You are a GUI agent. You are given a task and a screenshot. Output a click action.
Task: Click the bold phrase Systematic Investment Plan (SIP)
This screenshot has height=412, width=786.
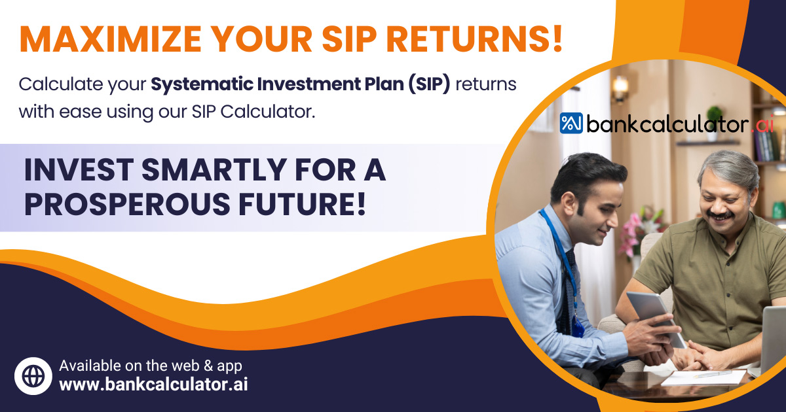pos(301,85)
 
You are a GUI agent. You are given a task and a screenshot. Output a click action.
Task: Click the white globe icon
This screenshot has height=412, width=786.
pos(33,375)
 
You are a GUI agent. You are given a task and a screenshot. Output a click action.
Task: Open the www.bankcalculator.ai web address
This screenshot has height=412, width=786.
pos(153,385)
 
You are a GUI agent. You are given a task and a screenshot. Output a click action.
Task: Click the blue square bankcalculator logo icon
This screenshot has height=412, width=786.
pos(571,124)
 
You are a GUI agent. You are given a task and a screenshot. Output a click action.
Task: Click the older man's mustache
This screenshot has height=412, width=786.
pos(721,215)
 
